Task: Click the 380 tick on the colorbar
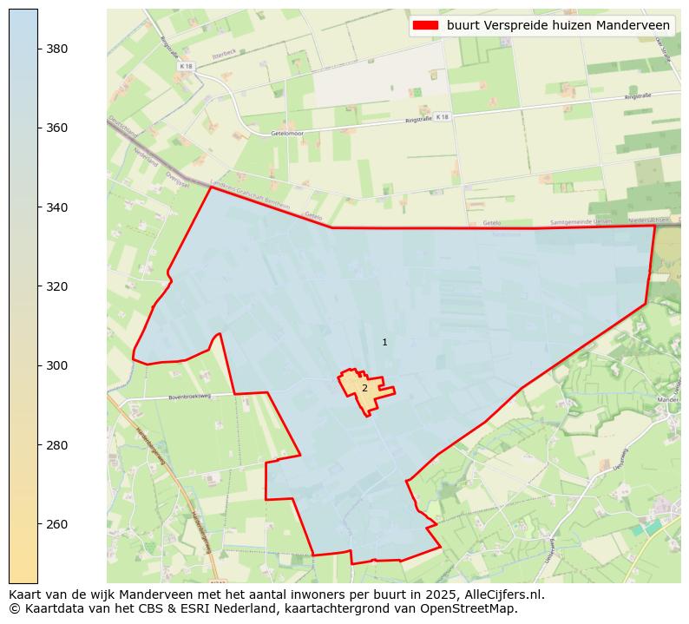coord(57,49)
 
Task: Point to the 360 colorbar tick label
coord(57,128)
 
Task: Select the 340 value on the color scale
coord(57,207)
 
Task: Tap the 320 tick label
coord(57,286)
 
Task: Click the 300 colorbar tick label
coord(57,365)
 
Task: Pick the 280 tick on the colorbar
coord(57,445)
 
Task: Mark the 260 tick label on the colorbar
coord(57,524)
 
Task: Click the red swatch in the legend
coord(425,25)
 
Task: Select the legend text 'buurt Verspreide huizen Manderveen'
coord(558,25)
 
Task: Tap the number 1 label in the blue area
coord(384,343)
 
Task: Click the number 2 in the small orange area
coord(364,388)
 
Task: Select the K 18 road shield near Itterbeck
coord(186,66)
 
